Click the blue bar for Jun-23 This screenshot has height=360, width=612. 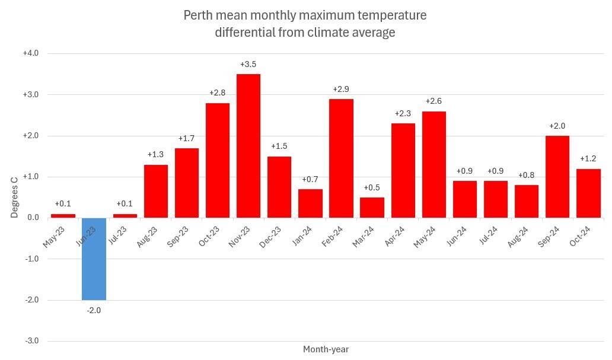[94, 259]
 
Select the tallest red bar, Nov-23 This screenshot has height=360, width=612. [248, 145]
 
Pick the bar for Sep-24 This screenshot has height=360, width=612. [557, 176]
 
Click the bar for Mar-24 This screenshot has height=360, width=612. [372, 207]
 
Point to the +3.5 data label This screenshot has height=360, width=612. [248, 64]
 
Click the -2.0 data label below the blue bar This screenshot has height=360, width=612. [94, 310]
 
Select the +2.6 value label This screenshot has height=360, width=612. [434, 101]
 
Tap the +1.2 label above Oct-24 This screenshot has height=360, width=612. [588, 159]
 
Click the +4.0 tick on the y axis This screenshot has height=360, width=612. [30, 53]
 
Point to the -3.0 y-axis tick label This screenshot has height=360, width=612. [31, 341]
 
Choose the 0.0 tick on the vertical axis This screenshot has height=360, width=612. [32, 218]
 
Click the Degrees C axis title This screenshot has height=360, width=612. [15, 196]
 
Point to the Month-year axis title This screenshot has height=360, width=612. [326, 349]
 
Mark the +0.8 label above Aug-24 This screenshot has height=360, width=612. [527, 175]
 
